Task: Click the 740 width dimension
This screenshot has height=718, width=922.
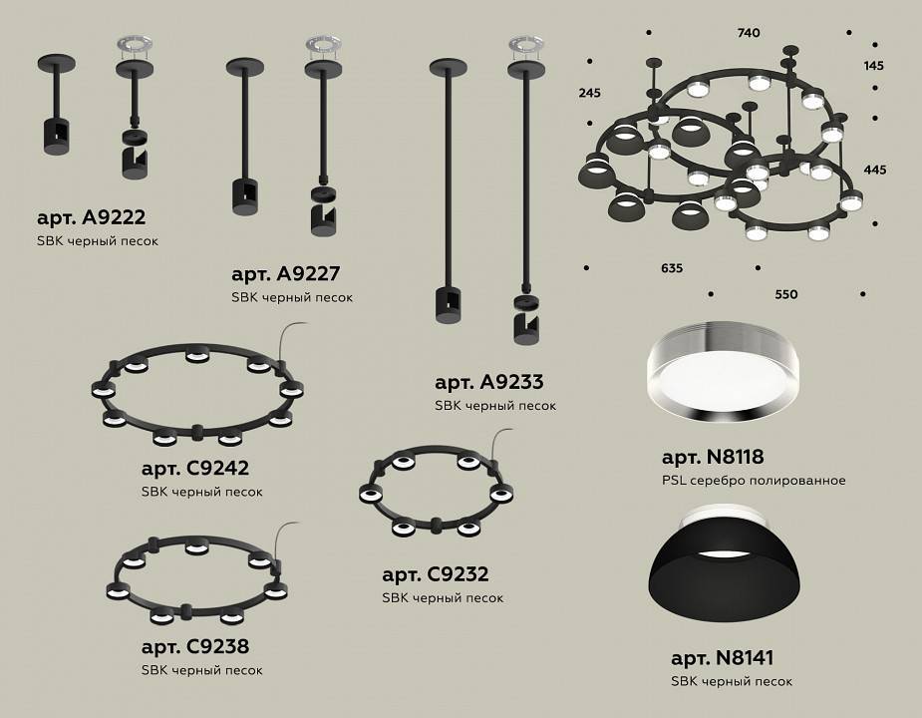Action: [x=749, y=33]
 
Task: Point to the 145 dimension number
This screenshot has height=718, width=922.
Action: [x=874, y=66]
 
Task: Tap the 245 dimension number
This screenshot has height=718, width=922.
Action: [x=589, y=93]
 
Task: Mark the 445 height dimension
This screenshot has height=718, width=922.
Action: [x=874, y=170]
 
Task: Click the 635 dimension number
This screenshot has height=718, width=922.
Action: [x=672, y=267]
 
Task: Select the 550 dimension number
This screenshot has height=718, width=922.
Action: [x=786, y=294]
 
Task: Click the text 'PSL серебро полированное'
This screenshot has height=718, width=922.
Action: [x=754, y=481]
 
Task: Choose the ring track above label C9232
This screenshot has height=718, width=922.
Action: [x=436, y=495]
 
